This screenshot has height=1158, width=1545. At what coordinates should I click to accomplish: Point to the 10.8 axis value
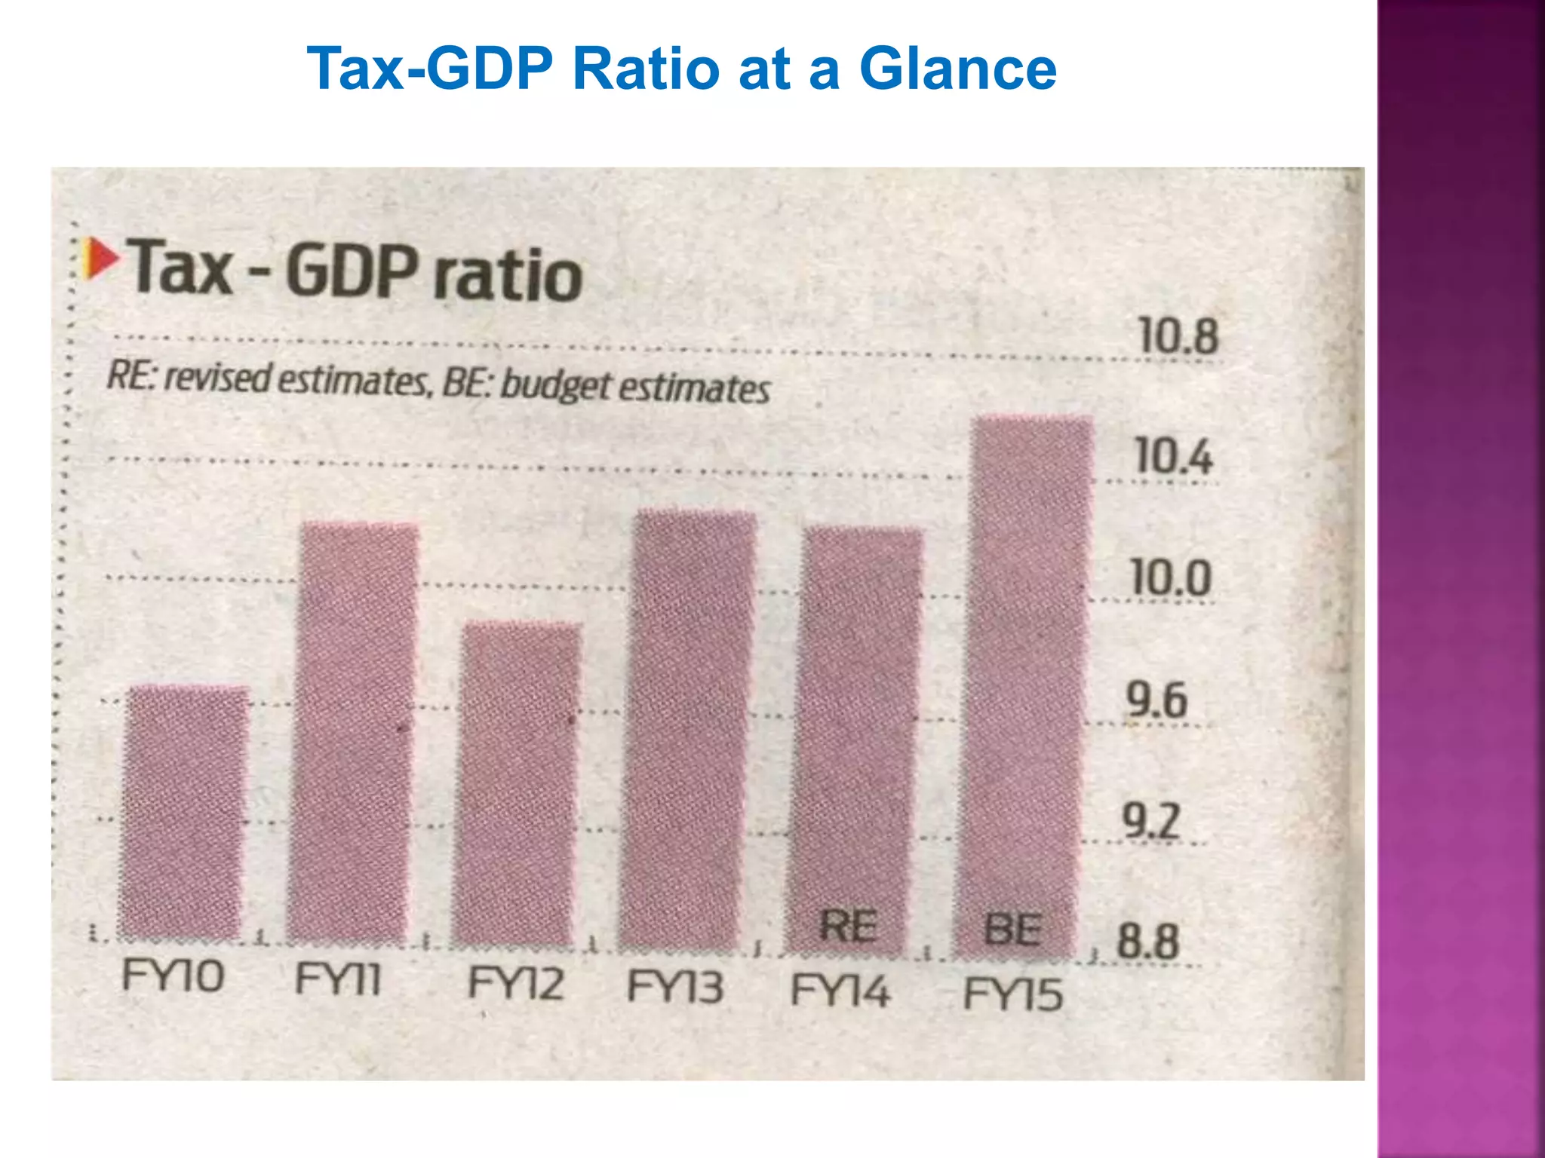(x=1178, y=336)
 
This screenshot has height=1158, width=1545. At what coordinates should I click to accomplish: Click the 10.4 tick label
(x=1174, y=457)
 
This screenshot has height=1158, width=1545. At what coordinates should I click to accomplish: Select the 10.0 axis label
(x=1172, y=578)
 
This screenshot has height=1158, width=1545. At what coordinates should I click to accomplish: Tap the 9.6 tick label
(x=1156, y=700)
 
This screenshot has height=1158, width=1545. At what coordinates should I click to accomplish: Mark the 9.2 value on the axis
(x=1150, y=820)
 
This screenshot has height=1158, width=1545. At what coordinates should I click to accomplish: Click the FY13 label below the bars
(x=675, y=987)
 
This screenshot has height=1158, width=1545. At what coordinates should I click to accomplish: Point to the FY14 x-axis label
(x=840, y=990)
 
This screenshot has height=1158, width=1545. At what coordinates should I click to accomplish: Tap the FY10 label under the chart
(x=173, y=976)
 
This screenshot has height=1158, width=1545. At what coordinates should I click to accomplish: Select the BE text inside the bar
(x=1014, y=929)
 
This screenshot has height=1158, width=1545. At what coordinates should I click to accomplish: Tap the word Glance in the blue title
(x=957, y=69)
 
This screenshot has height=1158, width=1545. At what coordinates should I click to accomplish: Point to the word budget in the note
(x=554, y=385)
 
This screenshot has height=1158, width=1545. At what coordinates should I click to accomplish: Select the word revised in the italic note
(x=217, y=377)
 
